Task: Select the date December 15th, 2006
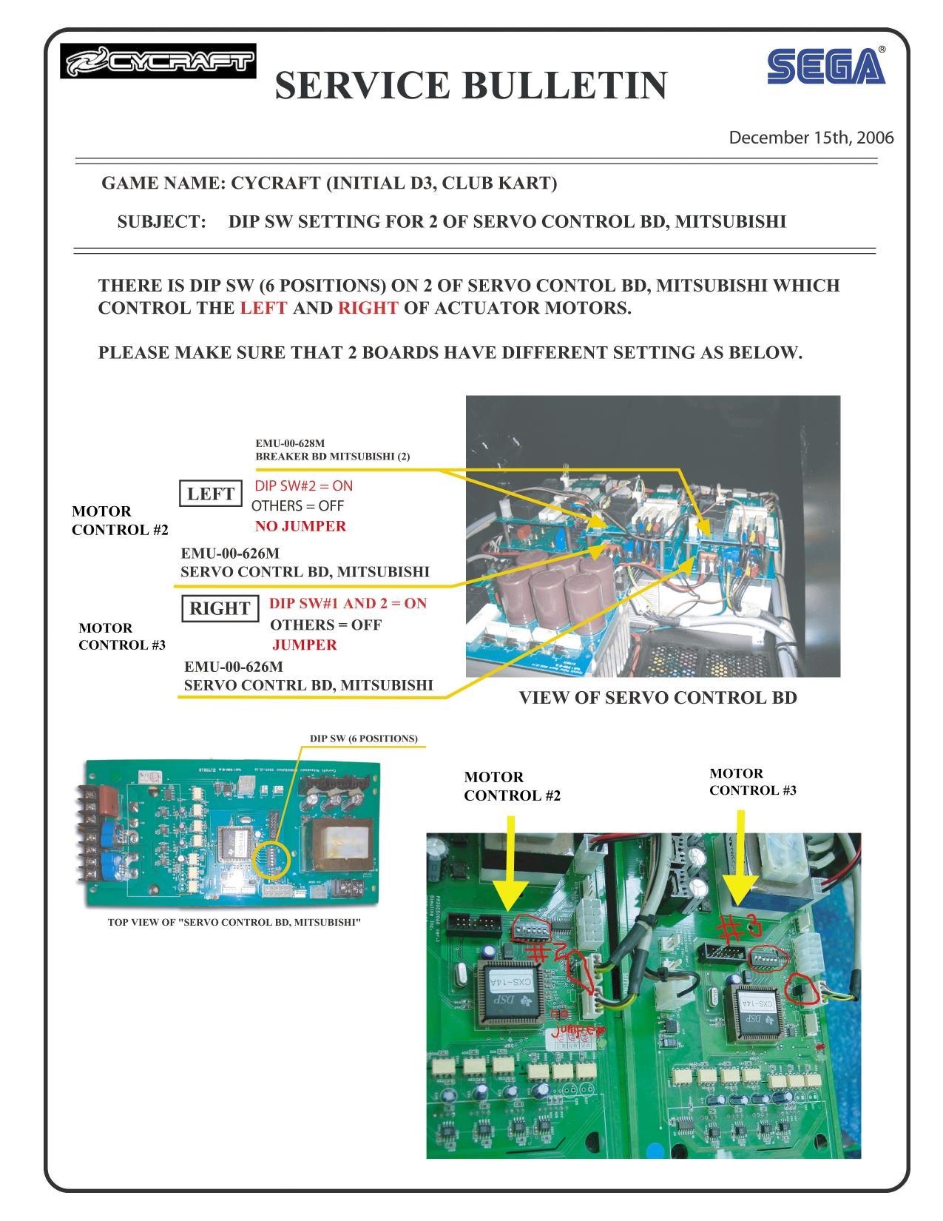click(811, 138)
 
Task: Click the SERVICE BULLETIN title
click(470, 85)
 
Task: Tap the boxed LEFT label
click(211, 494)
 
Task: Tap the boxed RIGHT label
click(220, 608)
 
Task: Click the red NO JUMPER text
click(300, 527)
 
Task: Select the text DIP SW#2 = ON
click(304, 486)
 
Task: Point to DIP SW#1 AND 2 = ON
click(348, 603)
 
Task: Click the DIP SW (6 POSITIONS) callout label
click(364, 739)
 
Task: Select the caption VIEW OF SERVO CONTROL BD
click(658, 698)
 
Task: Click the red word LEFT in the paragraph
click(263, 308)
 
